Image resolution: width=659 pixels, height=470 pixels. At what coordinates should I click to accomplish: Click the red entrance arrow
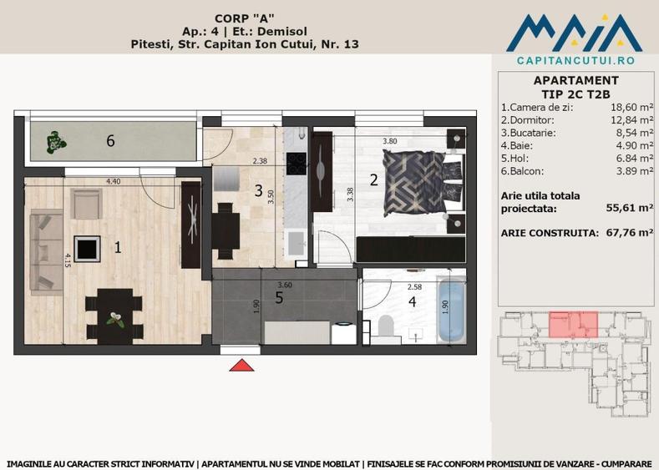coord(241,365)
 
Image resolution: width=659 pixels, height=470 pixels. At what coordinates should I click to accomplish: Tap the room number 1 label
coord(118,246)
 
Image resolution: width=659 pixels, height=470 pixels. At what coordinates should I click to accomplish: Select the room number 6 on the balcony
coord(110,140)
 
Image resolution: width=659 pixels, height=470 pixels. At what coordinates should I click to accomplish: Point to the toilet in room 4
coord(387,328)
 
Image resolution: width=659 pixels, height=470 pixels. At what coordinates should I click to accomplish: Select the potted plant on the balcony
coord(55,142)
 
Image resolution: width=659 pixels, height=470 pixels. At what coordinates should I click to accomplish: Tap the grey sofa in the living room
coord(42,251)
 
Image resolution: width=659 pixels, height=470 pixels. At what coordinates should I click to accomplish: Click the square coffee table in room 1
coord(87,248)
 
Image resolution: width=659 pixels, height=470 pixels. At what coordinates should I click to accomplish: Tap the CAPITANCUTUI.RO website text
coord(575,61)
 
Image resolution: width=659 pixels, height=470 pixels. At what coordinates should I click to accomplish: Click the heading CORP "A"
coord(246,16)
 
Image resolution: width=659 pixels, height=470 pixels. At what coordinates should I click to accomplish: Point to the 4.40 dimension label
coord(114,181)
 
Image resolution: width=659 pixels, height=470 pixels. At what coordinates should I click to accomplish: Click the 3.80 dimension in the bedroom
coord(389,142)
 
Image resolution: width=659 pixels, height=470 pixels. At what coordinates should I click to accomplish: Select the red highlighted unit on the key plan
coord(574,322)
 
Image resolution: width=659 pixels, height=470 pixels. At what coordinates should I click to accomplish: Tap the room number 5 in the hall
coord(279,296)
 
